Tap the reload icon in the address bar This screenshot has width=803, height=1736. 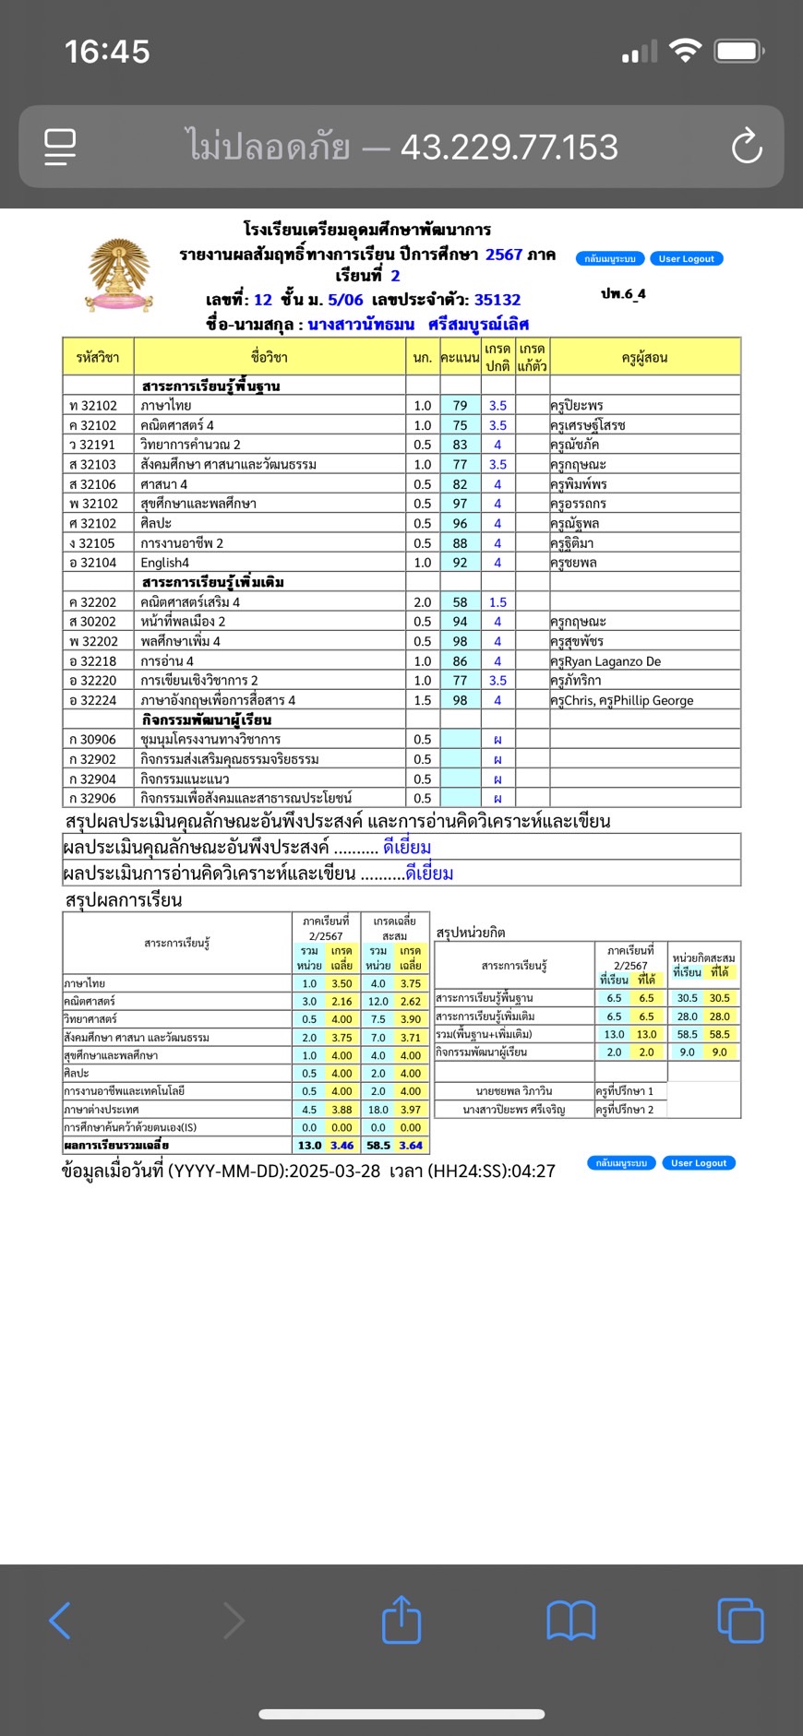point(746,147)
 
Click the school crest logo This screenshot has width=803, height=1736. point(119,276)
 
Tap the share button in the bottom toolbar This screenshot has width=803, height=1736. point(401,1620)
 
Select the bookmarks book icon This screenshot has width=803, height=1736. point(571,1620)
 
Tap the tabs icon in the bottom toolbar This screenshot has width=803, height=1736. point(740,1620)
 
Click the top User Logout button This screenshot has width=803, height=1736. point(686,259)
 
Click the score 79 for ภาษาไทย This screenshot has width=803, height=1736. point(460,406)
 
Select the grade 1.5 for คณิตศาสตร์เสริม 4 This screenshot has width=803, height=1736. point(497,602)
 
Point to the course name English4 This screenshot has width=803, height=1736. point(165,563)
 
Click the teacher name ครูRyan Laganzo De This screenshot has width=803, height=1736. point(605,661)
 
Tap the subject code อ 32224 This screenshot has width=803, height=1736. point(93,700)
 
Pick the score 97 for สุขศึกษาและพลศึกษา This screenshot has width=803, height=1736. point(460,504)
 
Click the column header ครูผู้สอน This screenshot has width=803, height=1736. point(644,358)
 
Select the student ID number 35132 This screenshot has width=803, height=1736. point(497,300)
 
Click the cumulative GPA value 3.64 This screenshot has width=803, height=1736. point(411,1146)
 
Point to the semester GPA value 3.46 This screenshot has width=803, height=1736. point(342,1146)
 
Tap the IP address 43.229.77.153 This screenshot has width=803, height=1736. point(509,147)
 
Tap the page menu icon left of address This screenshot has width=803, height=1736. point(60,147)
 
